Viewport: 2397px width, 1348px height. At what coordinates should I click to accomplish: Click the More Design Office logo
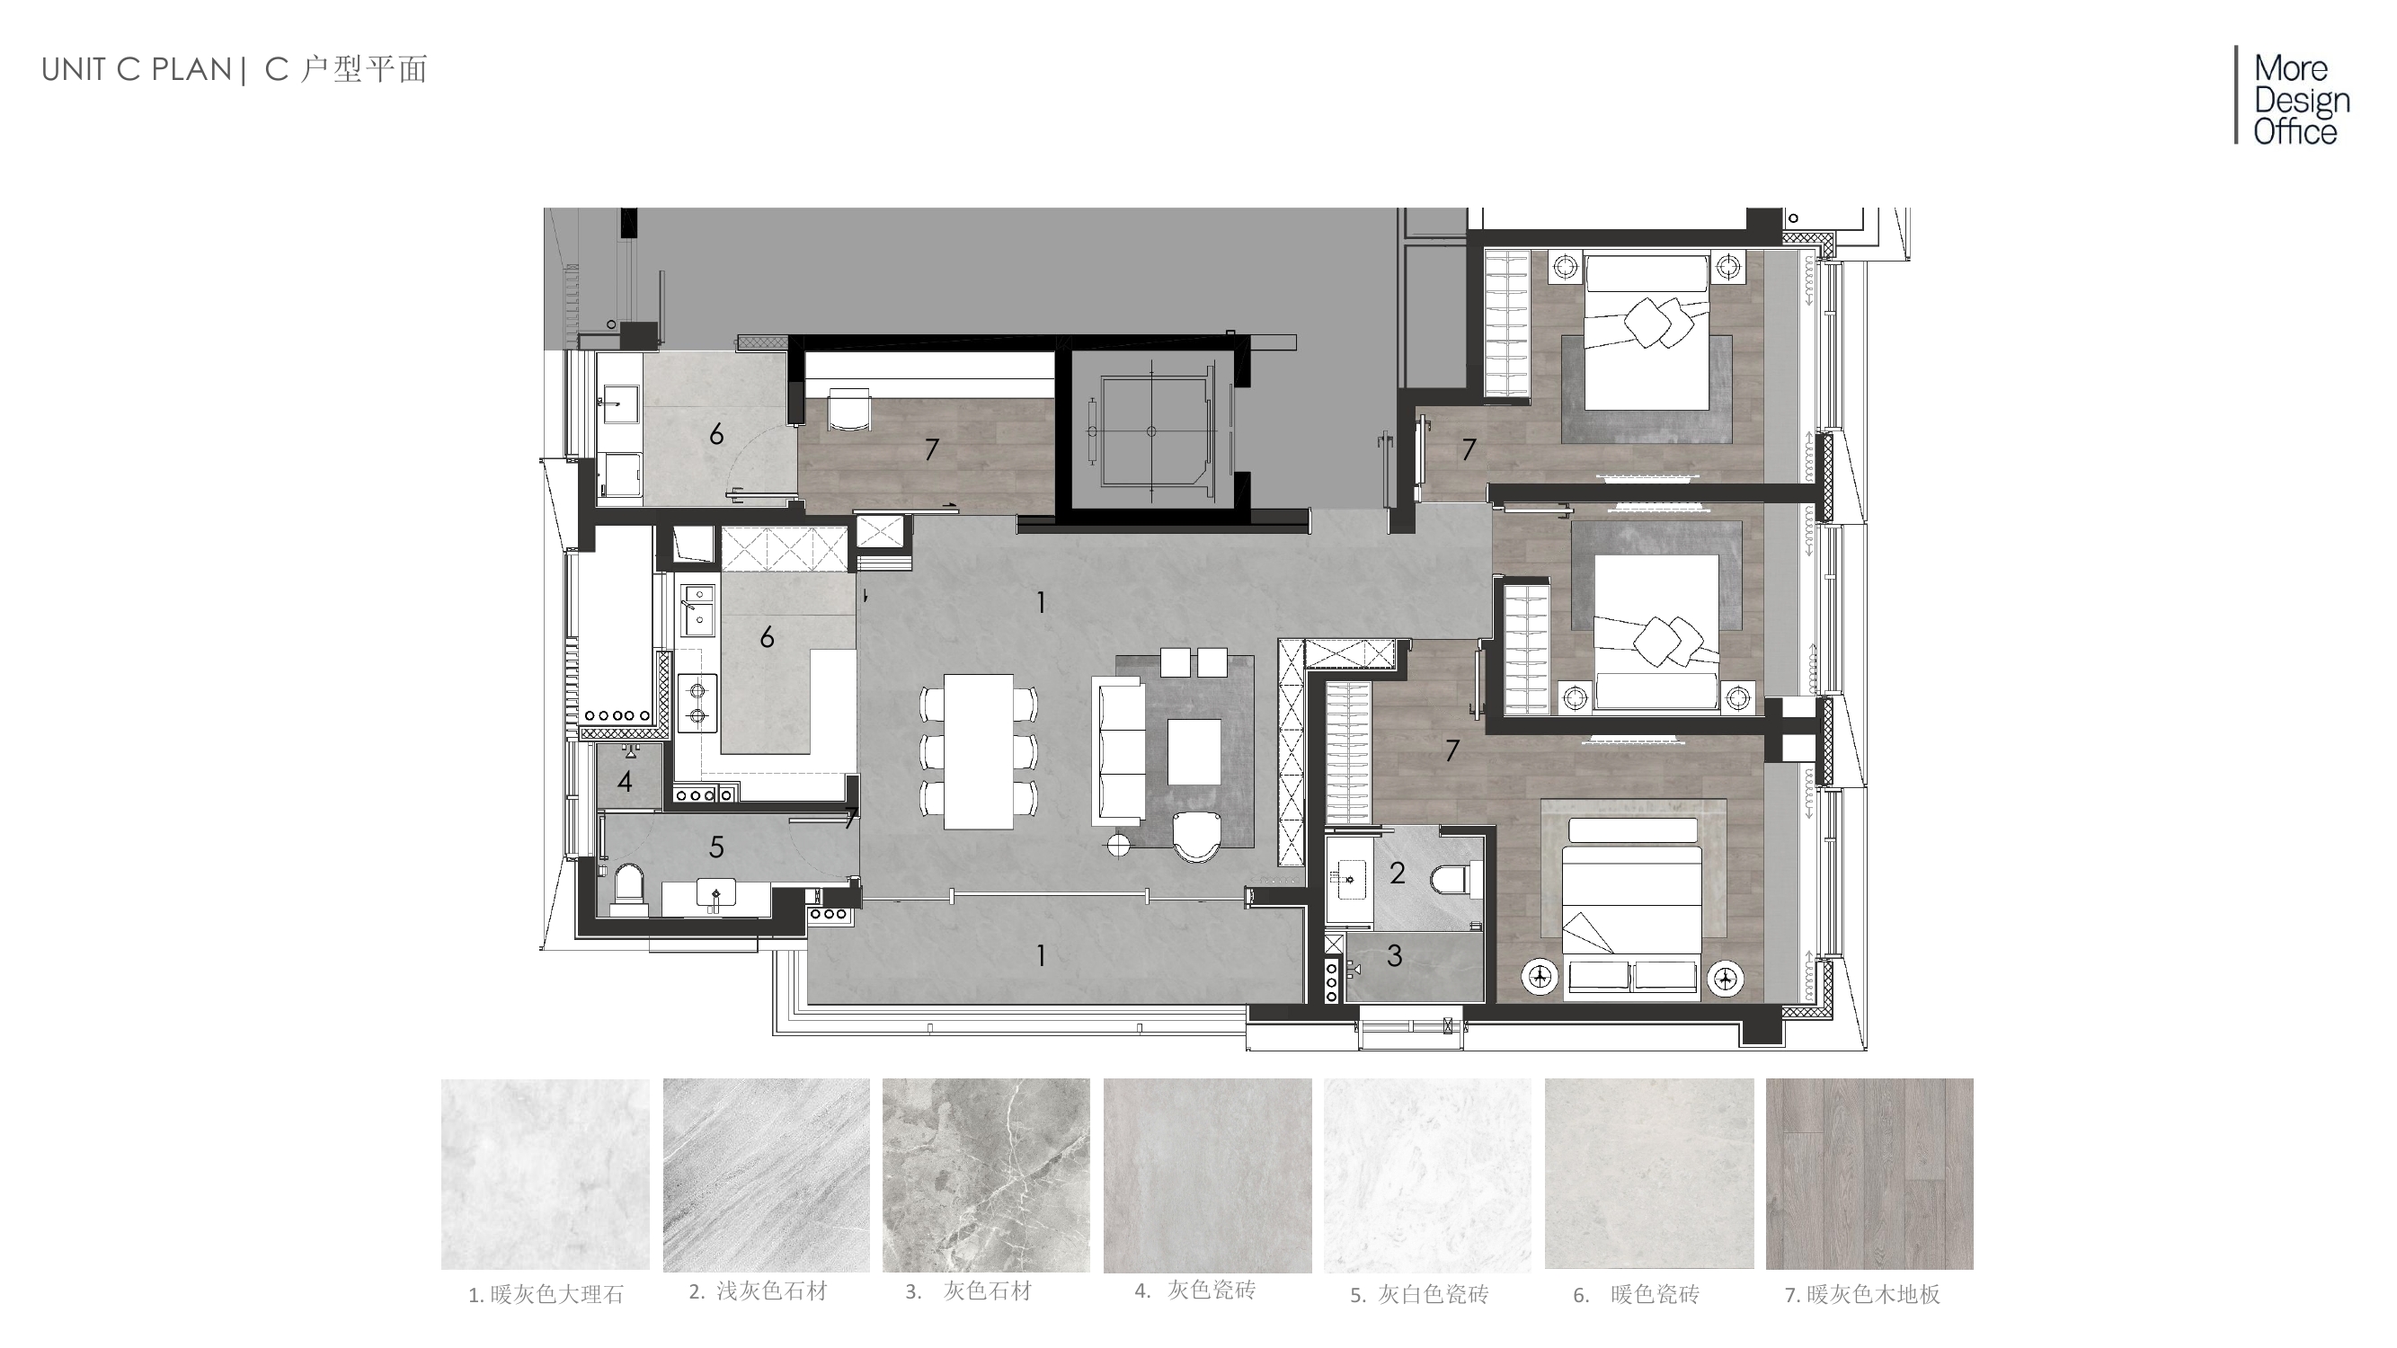2294,97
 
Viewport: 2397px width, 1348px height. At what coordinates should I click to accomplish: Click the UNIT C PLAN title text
137,70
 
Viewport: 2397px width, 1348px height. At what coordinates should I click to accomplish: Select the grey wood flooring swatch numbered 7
1869,1173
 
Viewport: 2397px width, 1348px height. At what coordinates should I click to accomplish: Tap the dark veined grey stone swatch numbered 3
985,1174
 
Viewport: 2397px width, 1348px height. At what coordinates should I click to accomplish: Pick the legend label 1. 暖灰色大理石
546,1294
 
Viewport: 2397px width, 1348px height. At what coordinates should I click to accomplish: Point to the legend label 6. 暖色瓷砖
1636,1294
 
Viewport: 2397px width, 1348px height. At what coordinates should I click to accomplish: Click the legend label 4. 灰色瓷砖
1194,1290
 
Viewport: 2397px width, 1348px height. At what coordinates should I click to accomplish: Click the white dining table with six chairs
978,750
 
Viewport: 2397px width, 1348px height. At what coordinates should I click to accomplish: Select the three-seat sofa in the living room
1117,749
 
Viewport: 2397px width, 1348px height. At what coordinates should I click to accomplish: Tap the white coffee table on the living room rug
1194,751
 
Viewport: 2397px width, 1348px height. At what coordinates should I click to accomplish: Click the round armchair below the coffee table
1194,837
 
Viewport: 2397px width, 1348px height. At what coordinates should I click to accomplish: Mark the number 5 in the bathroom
715,847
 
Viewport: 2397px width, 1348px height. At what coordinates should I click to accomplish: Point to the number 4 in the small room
625,782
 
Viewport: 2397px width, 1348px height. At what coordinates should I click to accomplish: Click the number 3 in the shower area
1394,955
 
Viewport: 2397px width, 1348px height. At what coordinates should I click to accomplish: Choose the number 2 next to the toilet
1397,873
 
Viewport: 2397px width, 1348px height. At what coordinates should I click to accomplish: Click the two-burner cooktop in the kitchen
697,704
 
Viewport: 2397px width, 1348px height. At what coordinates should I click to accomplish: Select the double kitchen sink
697,609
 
